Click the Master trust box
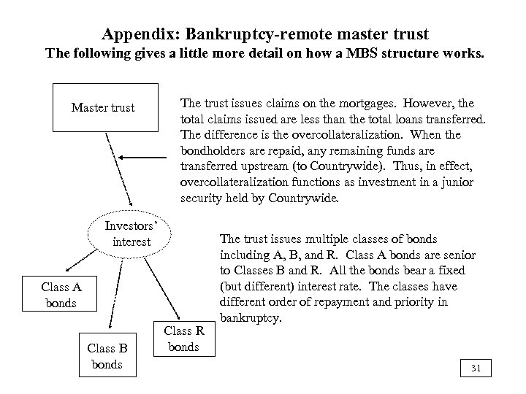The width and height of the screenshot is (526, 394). click(103, 107)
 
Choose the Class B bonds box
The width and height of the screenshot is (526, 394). click(107, 355)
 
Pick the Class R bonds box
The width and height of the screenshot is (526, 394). click(183, 339)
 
